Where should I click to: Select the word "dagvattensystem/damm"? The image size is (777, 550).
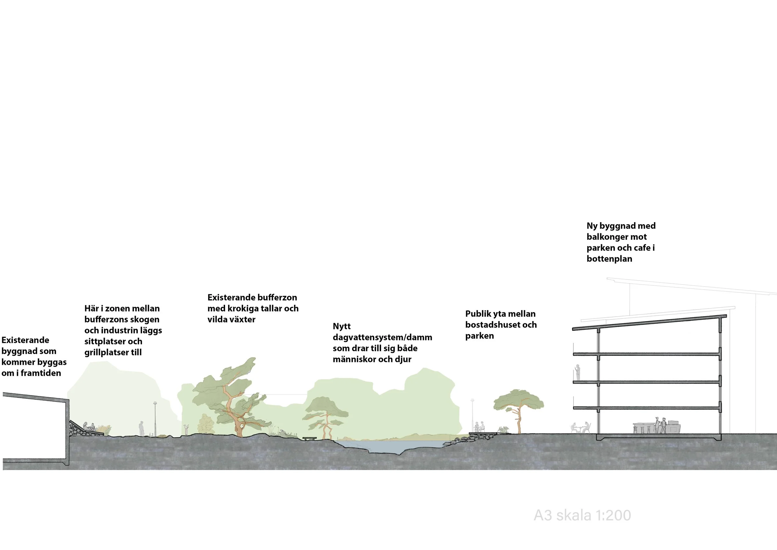[382, 337]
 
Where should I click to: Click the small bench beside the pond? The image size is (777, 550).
[309, 439]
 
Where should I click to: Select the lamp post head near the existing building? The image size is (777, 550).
[155, 403]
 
